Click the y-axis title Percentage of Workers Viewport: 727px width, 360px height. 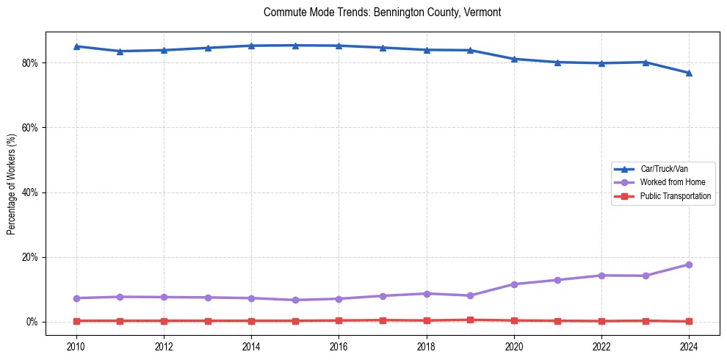click(12, 184)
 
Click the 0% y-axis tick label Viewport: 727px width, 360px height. click(35, 322)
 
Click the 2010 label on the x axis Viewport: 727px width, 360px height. click(76, 345)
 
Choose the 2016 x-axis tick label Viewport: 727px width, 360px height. click(339, 345)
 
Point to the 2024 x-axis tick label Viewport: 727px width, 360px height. click(689, 345)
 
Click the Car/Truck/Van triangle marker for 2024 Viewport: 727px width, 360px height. click(689, 73)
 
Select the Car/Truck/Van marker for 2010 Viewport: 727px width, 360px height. click(76, 46)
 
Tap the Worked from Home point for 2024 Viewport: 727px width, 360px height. click(689, 264)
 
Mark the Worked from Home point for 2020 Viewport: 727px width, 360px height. click(514, 284)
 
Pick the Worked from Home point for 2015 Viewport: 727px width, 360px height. click(295, 300)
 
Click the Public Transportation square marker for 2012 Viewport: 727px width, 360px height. click(164, 321)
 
